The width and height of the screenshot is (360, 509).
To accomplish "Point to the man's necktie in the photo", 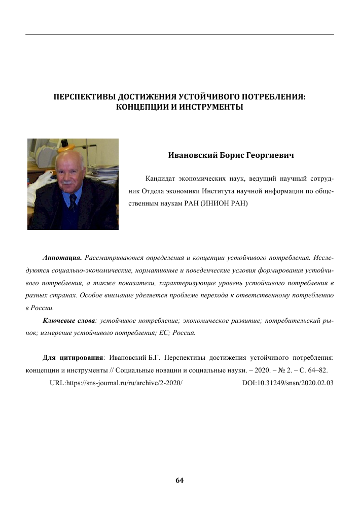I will (x=73, y=203).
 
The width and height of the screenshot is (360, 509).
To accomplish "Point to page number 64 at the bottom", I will (x=179, y=480).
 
